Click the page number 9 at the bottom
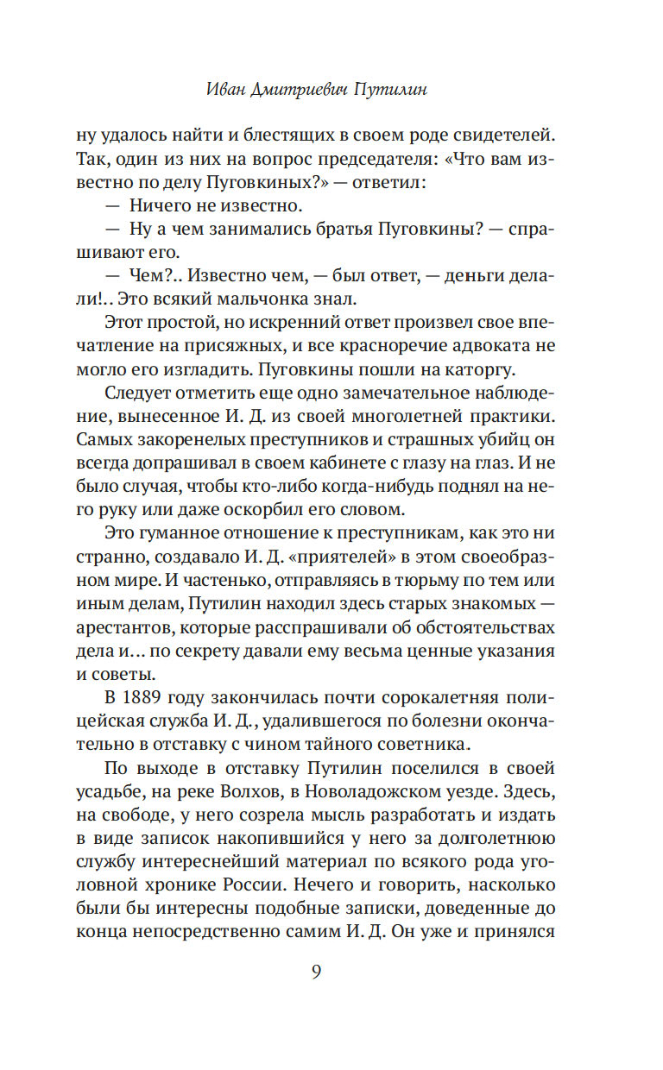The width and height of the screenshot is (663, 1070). pos(316,972)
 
